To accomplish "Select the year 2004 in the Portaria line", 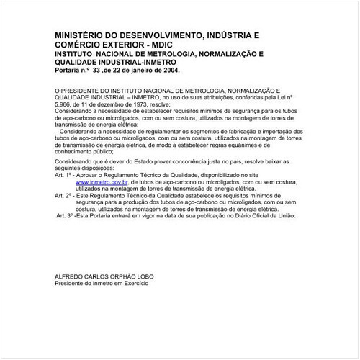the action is (x=170, y=72).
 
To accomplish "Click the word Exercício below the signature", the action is (x=134, y=284).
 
